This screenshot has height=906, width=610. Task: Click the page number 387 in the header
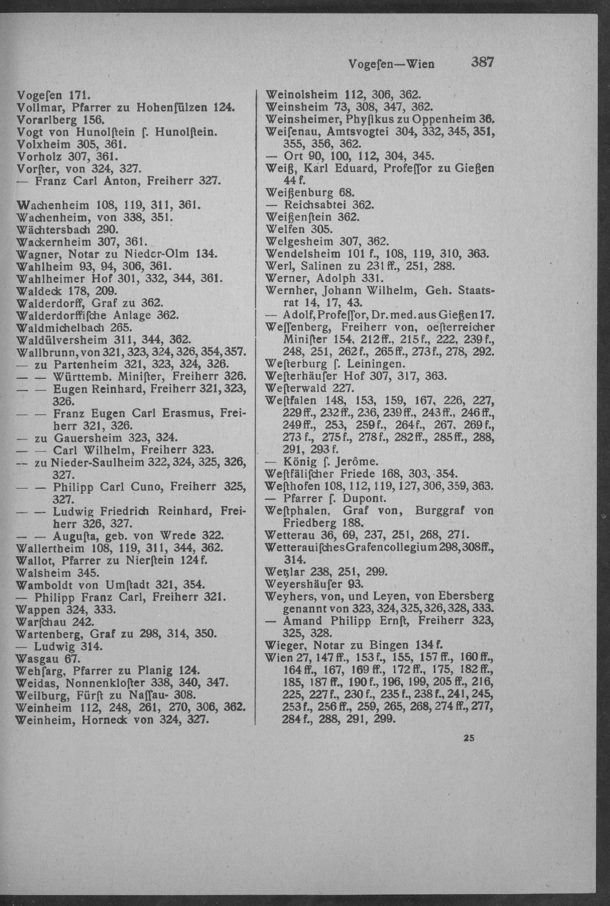tap(482, 62)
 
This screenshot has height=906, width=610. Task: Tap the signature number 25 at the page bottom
tap(468, 737)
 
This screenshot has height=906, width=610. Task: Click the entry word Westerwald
tap(296, 388)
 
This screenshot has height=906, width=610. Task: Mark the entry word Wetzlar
tap(285, 572)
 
